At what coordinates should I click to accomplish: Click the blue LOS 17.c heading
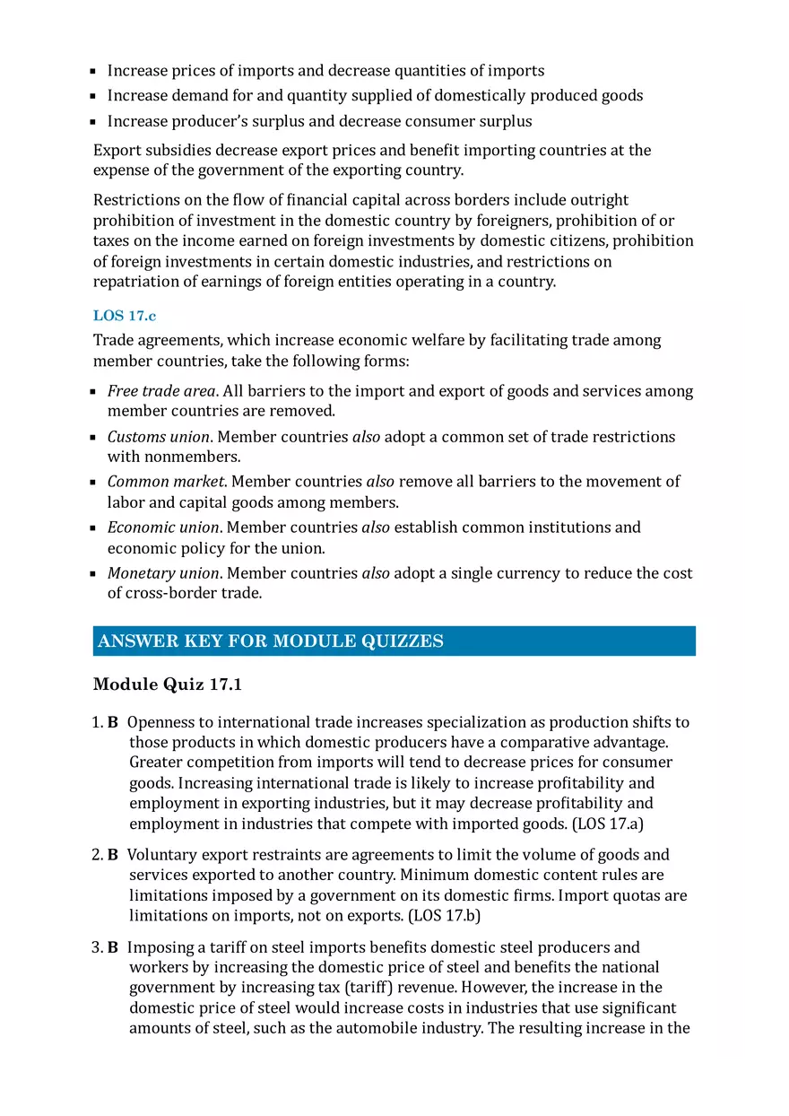(125, 316)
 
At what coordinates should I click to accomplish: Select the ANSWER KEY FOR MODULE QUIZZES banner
(394, 641)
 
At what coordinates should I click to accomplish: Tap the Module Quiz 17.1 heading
(167, 684)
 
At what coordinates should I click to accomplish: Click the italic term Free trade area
(161, 391)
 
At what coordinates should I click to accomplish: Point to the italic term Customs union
(159, 437)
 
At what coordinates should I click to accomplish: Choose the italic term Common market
(165, 482)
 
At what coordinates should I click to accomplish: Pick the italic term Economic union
(163, 527)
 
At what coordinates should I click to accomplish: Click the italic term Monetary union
(163, 573)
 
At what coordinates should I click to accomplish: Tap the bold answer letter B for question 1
(113, 722)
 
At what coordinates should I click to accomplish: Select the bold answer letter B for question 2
(113, 855)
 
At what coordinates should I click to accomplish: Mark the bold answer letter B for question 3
(113, 947)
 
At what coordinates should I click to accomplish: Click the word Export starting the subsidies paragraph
(117, 150)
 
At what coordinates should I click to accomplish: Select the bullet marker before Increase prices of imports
(93, 71)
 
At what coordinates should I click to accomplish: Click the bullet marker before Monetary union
(93, 574)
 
